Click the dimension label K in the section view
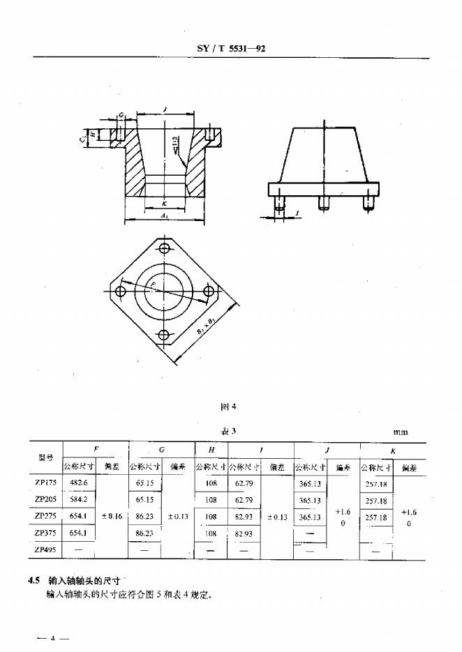(x=164, y=203)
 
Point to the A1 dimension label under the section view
(x=164, y=218)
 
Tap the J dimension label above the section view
(x=165, y=109)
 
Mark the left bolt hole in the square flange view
(x=121, y=291)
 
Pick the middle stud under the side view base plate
(x=323, y=203)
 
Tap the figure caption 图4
(x=229, y=406)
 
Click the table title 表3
(x=229, y=432)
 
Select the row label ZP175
(x=46, y=483)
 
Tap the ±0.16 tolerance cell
(x=112, y=517)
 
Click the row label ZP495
(x=46, y=550)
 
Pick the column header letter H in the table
(x=211, y=450)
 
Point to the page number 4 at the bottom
(x=51, y=638)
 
